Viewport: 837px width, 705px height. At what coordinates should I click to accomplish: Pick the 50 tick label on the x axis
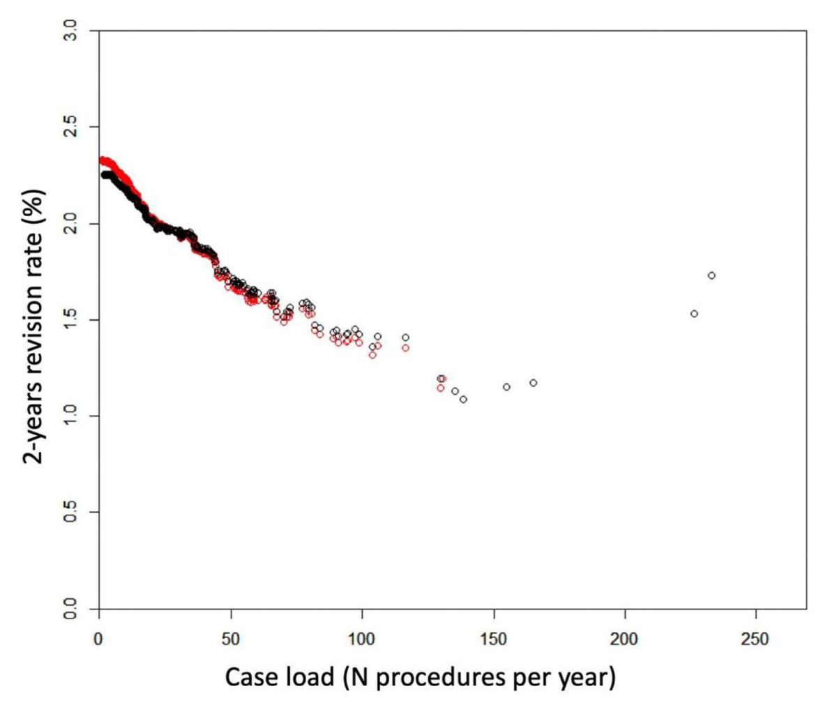(230, 639)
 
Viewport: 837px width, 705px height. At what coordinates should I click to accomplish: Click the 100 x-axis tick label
(362, 639)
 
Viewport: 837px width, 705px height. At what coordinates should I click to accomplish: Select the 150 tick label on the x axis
(494, 639)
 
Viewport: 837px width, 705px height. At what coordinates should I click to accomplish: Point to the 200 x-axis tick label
(625, 639)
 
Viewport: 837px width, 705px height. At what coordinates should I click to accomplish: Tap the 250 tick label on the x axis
(756, 639)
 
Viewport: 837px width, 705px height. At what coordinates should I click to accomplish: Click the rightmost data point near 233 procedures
(711, 275)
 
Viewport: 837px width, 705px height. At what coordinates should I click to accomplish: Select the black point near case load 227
(694, 314)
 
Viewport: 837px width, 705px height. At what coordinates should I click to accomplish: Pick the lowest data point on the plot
(463, 400)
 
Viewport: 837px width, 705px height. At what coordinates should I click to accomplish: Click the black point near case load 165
(534, 383)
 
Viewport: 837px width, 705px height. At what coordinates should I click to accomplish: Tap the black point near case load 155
(506, 387)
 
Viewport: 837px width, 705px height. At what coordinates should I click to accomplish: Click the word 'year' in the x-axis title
(587, 676)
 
